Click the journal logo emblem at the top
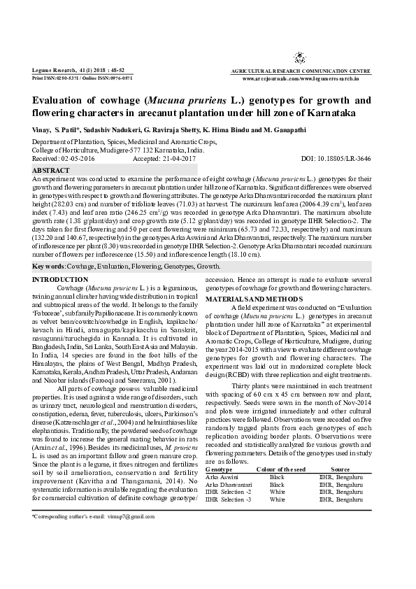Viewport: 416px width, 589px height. pyautogui.click(x=300, y=58)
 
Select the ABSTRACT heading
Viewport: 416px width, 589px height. pyautogui.click(x=51, y=170)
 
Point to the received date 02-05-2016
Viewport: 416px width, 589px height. pyautogui.click(x=80, y=159)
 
